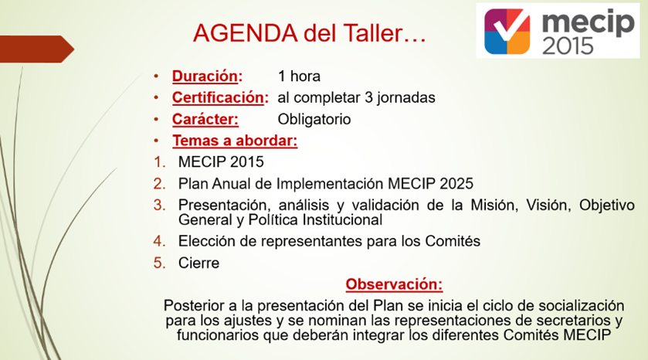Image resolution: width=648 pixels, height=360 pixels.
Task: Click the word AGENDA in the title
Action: coord(245,33)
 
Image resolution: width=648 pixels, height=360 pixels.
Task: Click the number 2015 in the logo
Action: coord(568,46)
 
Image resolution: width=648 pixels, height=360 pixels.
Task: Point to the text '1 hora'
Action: coord(299,76)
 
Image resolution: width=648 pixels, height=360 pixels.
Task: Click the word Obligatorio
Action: coord(314,119)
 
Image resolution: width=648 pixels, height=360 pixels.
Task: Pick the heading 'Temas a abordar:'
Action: coord(235,141)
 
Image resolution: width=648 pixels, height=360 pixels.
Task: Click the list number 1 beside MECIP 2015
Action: coord(159,162)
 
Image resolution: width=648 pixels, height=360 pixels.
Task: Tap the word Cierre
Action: coord(198,263)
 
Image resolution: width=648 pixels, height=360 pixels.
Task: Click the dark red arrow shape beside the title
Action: coord(36,49)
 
